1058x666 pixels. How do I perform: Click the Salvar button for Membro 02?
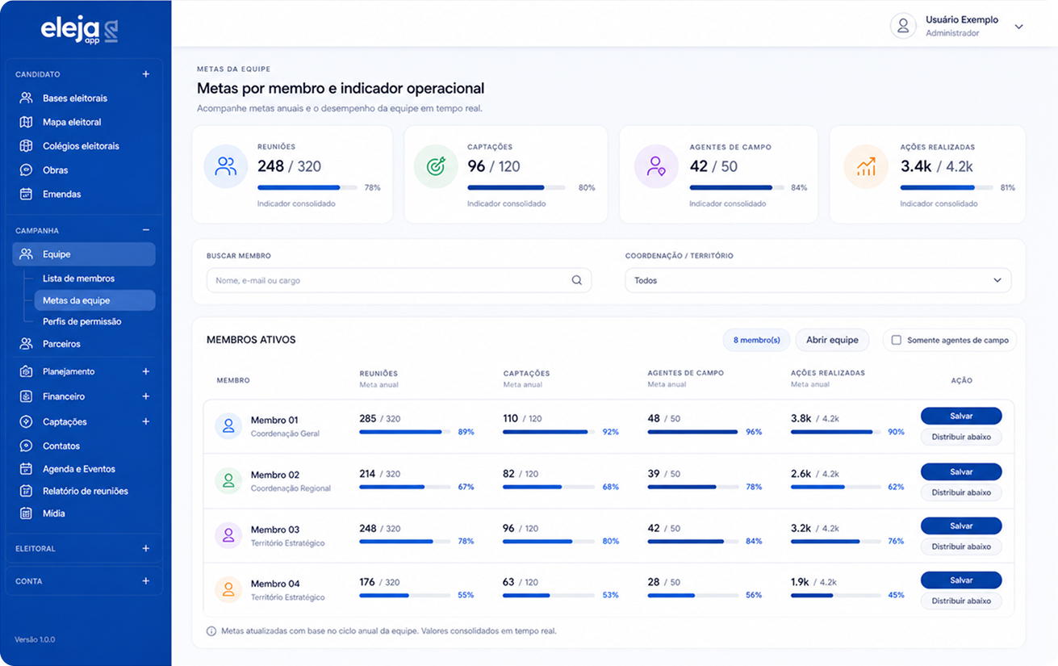960,471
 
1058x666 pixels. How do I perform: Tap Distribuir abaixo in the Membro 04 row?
960,601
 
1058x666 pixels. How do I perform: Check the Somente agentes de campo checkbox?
896,340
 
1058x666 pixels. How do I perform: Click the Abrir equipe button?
832,340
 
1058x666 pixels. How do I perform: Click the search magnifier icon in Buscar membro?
577,280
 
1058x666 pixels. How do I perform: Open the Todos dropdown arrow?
997,280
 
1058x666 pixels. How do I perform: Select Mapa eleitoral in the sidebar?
72,122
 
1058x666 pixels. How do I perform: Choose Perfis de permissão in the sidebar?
82,321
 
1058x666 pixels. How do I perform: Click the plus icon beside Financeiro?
145,396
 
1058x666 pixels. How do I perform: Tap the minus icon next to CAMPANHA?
145,230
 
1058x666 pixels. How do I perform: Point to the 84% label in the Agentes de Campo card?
799,187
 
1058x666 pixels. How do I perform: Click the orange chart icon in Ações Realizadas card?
866,166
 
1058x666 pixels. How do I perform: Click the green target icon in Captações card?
436,166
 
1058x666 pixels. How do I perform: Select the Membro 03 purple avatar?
228,535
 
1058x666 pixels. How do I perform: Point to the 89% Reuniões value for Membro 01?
466,432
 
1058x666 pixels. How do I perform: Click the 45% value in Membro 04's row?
896,595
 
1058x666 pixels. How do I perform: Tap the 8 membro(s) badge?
756,340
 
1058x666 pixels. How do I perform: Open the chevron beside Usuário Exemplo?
1018,27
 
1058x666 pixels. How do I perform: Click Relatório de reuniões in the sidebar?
85,492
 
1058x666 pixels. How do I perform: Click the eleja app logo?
79,30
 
